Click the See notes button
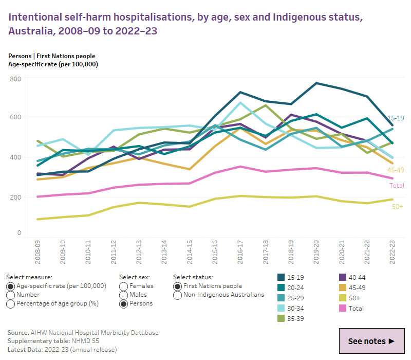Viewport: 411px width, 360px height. (x=371, y=341)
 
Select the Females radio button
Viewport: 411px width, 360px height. (x=123, y=286)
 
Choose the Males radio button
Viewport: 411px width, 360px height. (x=123, y=295)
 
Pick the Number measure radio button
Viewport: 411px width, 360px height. (x=11, y=295)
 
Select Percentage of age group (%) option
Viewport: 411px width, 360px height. (x=11, y=304)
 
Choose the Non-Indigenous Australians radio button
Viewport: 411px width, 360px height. (x=178, y=295)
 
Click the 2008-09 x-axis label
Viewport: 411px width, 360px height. (x=38, y=251)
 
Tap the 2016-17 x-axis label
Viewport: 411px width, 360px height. (x=240, y=251)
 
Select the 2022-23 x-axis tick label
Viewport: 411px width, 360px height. (x=392, y=251)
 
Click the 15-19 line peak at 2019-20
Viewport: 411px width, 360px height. (x=316, y=83)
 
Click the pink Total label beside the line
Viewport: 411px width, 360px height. (x=396, y=186)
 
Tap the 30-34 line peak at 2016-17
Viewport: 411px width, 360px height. (x=240, y=102)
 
